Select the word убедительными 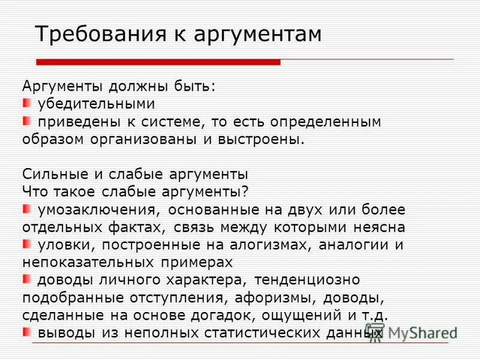point(96,104)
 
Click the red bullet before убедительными point(27,102)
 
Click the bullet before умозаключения point(27,209)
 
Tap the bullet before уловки point(27,244)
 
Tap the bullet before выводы point(27,331)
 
